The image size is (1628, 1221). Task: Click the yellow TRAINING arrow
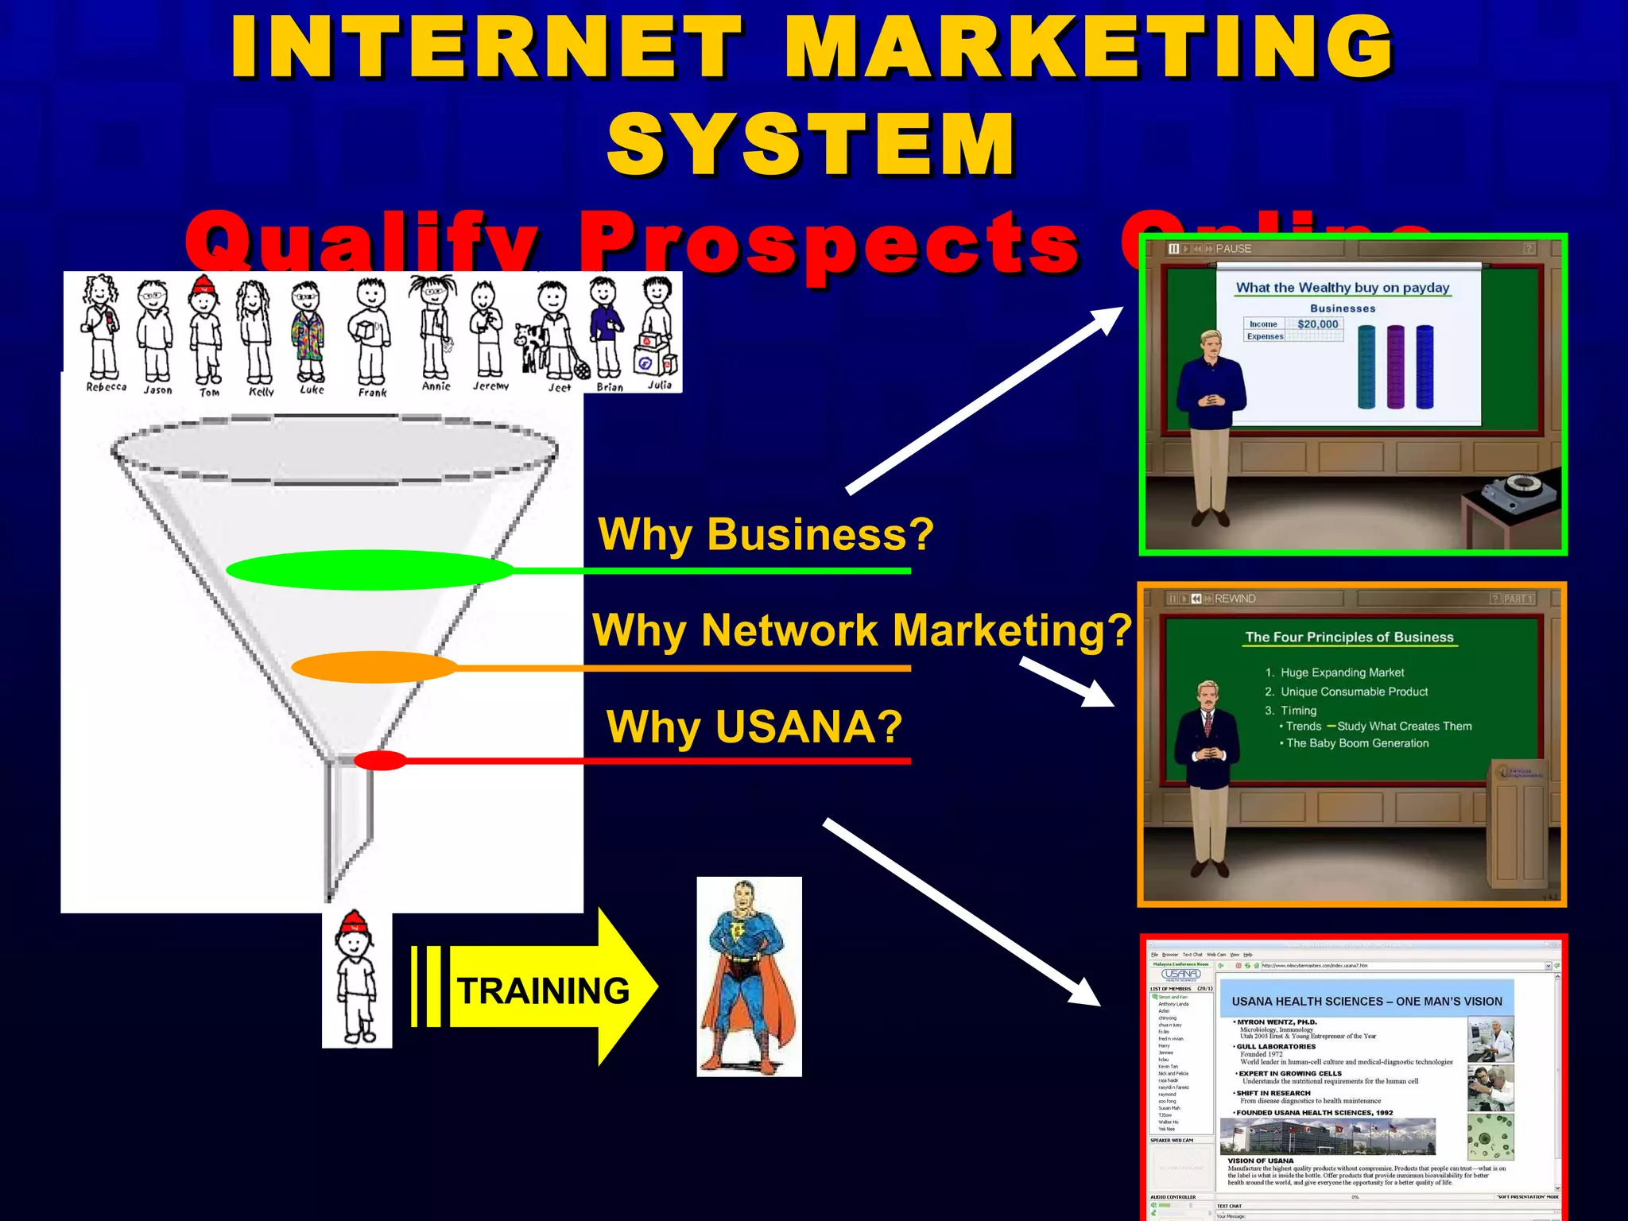coord(548,989)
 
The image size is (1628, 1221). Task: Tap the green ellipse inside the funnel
coord(370,570)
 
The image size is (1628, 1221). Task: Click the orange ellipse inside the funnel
coord(374,667)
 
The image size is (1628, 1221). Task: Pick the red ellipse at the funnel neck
coord(381,761)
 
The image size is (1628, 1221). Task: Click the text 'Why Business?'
coord(766,534)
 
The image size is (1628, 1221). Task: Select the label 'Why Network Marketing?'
coord(862,630)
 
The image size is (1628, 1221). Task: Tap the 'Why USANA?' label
coord(754,727)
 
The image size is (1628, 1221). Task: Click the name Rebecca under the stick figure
coord(107,387)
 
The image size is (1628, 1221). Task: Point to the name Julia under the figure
coord(659,386)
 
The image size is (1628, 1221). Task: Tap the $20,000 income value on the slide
coord(1317,324)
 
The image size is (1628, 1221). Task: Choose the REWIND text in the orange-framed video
coord(1235,599)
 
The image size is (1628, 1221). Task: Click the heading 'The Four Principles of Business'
coord(1349,637)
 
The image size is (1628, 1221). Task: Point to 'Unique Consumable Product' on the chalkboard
coord(1354,692)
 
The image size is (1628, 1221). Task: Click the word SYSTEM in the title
coord(812,144)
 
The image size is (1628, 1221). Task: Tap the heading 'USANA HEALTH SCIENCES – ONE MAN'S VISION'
coord(1366,1002)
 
